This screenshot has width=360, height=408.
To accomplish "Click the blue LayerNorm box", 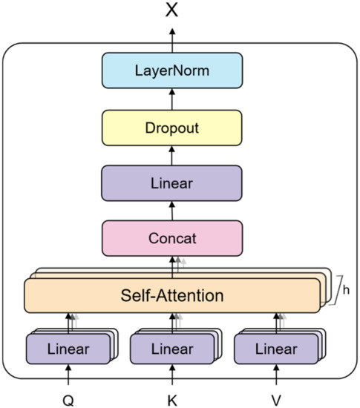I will pos(171,71).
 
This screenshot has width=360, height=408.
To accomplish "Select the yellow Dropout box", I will pos(171,127).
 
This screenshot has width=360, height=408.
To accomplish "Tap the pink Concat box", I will pos(171,238).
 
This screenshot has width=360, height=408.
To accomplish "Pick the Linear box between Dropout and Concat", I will pos(171,182).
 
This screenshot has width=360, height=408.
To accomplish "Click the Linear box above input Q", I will pos(68,349).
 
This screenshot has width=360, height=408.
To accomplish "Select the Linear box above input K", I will pos(171,349).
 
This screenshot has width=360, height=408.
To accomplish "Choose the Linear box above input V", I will pos(275,349).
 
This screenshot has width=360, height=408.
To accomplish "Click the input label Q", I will pos(68,399).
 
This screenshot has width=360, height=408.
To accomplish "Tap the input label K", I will pos(171,399).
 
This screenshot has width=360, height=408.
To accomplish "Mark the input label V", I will pos(275,399).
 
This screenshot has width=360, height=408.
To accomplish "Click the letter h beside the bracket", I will pos(345,288).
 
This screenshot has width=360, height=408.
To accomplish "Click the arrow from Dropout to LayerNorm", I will pos(171,99).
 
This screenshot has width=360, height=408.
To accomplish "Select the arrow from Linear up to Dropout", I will pos(171,155).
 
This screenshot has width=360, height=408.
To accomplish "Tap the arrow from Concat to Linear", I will pos(171,211).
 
